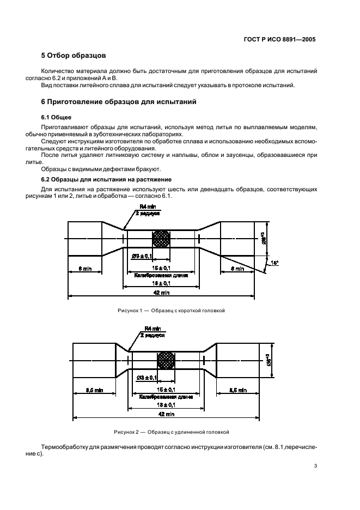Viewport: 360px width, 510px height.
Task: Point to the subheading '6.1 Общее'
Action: [57, 117]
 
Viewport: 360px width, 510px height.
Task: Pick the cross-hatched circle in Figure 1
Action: [161, 239]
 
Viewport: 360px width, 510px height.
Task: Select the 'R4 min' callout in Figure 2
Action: [151, 329]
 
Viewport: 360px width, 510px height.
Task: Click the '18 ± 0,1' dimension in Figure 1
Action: [161, 283]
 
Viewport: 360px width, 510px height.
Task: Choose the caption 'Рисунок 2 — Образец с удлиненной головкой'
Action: [171, 432]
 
